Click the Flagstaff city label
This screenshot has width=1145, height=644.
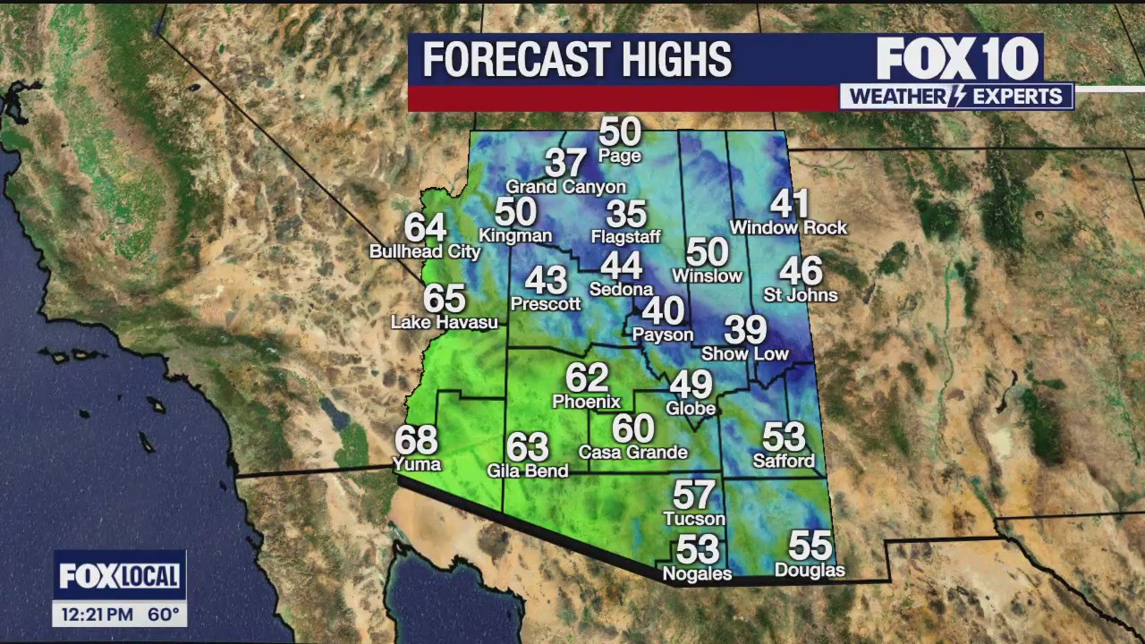625,237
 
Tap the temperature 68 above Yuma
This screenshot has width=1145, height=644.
417,440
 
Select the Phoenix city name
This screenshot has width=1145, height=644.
586,402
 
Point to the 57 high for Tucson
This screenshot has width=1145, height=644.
693,495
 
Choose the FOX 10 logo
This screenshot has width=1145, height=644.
956,59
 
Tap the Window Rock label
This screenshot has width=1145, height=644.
788,228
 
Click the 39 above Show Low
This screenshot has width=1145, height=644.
745,330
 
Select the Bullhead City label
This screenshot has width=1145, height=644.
425,252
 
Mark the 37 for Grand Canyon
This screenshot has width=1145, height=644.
565,163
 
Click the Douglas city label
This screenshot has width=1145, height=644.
809,571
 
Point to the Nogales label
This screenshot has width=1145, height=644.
696,574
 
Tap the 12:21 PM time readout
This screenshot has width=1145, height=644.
98,614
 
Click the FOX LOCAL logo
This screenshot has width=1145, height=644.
119,576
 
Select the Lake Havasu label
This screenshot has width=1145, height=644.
445,322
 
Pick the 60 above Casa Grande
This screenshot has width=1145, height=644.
632,429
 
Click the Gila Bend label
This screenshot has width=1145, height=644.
527,470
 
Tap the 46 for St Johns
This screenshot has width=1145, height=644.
800,271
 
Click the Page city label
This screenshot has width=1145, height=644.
620,157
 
